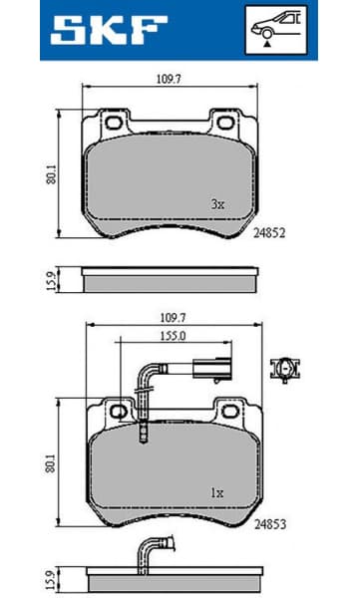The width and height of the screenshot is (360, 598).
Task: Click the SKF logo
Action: pyautogui.click(x=100, y=31)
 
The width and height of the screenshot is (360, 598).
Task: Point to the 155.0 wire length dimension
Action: pyautogui.click(x=179, y=337)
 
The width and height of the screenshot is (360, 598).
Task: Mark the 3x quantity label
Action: pyautogui.click(x=217, y=203)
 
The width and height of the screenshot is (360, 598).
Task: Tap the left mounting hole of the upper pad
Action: pyautogui.click(x=112, y=125)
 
